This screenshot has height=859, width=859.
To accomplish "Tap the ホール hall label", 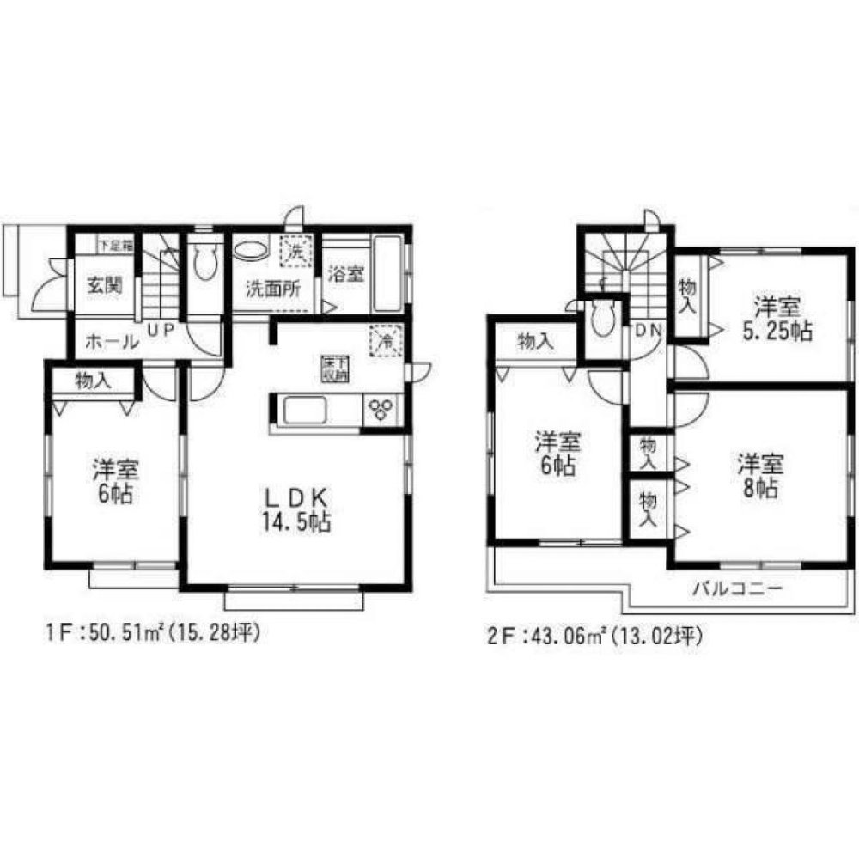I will pos(112,341).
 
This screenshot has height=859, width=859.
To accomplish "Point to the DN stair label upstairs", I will pos(648,329).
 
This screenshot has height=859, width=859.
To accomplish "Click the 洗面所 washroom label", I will pos(275,289).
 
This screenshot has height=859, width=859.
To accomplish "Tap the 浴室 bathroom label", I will pos(347,277).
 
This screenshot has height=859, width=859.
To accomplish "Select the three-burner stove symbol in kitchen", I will pos(380,409).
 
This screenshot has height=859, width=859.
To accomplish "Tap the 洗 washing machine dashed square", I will pos(296,252).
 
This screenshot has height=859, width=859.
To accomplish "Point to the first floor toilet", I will pos(204,262).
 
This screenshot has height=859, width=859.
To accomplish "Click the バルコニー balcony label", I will pos(737,589).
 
